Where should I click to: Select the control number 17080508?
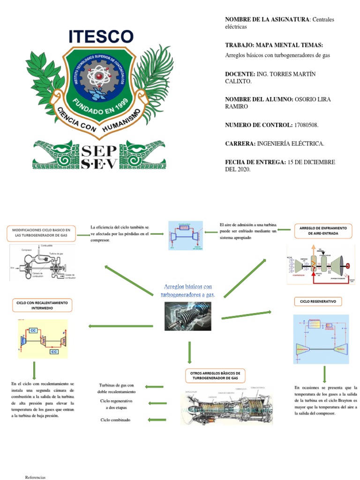[306, 125]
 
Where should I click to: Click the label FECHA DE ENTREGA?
[255, 162]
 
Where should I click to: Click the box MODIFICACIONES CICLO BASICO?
[41, 233]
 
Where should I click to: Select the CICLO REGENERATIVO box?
[318, 301]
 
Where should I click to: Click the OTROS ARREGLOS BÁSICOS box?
[215, 375]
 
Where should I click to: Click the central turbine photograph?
[187, 316]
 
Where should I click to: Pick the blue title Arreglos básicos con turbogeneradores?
[187, 291]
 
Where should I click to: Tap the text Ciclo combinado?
[115, 420]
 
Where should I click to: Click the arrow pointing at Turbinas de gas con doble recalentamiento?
[155, 387]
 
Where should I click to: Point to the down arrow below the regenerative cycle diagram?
[324, 375]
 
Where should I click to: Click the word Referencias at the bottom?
[35, 477]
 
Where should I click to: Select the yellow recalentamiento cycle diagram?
[43, 339]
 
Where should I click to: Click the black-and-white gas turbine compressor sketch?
[43, 262]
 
